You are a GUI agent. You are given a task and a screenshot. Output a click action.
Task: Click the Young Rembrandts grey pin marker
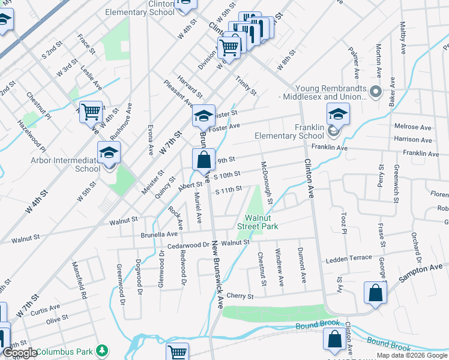point(376,92)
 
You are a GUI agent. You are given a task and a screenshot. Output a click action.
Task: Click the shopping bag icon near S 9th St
point(203,160)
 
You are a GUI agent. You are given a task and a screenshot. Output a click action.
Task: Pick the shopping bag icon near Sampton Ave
point(375,293)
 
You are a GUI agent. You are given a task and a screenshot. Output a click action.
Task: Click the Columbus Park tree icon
point(103,350)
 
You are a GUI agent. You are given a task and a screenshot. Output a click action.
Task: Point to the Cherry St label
point(240,296)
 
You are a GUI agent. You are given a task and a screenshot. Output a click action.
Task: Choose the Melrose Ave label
point(413,127)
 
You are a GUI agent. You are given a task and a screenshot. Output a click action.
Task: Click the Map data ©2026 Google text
point(412,355)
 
